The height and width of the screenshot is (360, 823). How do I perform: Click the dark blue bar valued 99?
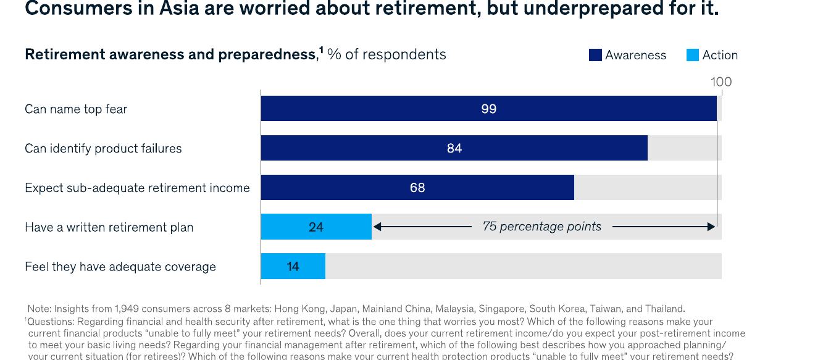click(x=488, y=108)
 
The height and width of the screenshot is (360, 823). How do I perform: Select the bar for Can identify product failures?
click(x=454, y=148)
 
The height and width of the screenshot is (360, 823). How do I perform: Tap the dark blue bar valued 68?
click(x=417, y=187)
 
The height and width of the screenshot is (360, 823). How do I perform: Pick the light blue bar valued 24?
click(x=316, y=227)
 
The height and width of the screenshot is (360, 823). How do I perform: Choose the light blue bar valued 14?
click(x=293, y=266)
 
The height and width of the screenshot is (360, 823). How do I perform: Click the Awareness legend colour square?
click(x=595, y=55)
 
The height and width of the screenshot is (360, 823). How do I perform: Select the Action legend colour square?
click(x=693, y=55)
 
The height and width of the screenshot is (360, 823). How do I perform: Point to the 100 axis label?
click(x=721, y=82)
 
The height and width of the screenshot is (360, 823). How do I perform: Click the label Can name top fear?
click(x=76, y=109)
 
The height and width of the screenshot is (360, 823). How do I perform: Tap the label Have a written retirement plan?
click(x=109, y=227)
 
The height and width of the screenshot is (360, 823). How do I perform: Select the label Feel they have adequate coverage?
click(x=120, y=267)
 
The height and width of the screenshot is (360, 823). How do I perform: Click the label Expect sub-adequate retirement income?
click(x=138, y=188)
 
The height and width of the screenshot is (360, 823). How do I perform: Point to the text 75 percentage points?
click(x=542, y=227)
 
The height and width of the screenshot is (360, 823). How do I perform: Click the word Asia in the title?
click(x=179, y=8)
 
